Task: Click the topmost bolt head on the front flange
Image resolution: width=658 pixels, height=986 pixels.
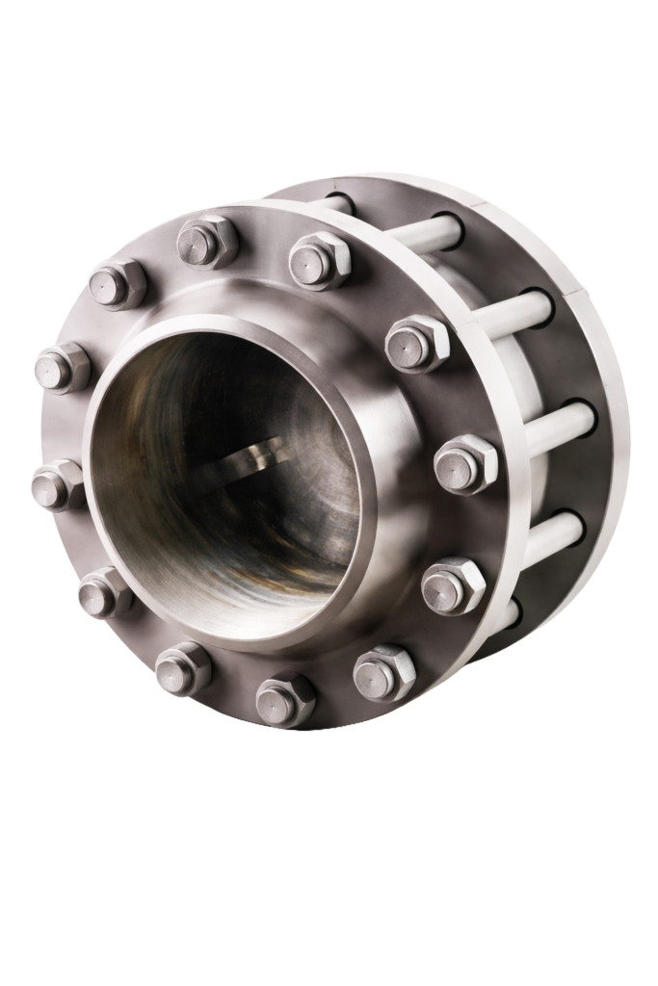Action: tap(207, 242)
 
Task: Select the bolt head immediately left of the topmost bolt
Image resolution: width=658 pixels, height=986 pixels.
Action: tap(117, 284)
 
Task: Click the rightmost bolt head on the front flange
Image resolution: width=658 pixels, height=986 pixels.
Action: tap(465, 464)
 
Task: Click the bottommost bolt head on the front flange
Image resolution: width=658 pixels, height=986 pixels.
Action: tap(285, 699)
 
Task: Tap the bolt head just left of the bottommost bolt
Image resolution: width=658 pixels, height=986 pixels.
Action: tap(183, 668)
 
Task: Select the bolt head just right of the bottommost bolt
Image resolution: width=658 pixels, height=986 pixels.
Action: tap(383, 672)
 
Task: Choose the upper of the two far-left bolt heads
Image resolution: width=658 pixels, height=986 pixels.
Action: tap(62, 368)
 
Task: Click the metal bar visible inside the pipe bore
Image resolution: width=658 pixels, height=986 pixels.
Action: tap(252, 454)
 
